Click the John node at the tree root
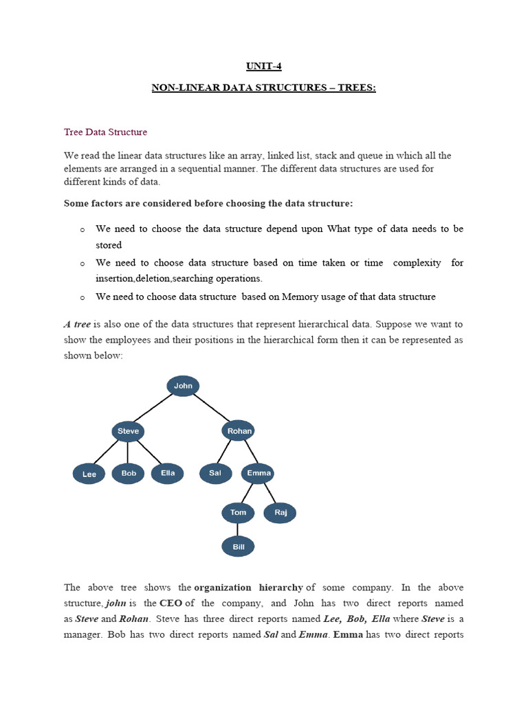coord(183,386)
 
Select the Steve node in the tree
coord(128,431)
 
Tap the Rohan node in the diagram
coord(239,431)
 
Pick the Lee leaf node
coord(89,474)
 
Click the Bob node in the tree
coord(129,473)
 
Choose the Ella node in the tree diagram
coord(168,473)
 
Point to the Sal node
coord(216,473)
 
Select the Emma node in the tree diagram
coord(258,473)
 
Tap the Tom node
coord(238,513)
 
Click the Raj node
coord(280,513)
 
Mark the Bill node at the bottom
coord(238,546)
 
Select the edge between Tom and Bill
coord(238,529)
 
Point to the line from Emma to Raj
coord(269,494)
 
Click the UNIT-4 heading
coord(264,67)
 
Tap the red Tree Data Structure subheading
coord(105,132)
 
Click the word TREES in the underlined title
coord(355,89)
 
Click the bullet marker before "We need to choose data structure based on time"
coord(82,264)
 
